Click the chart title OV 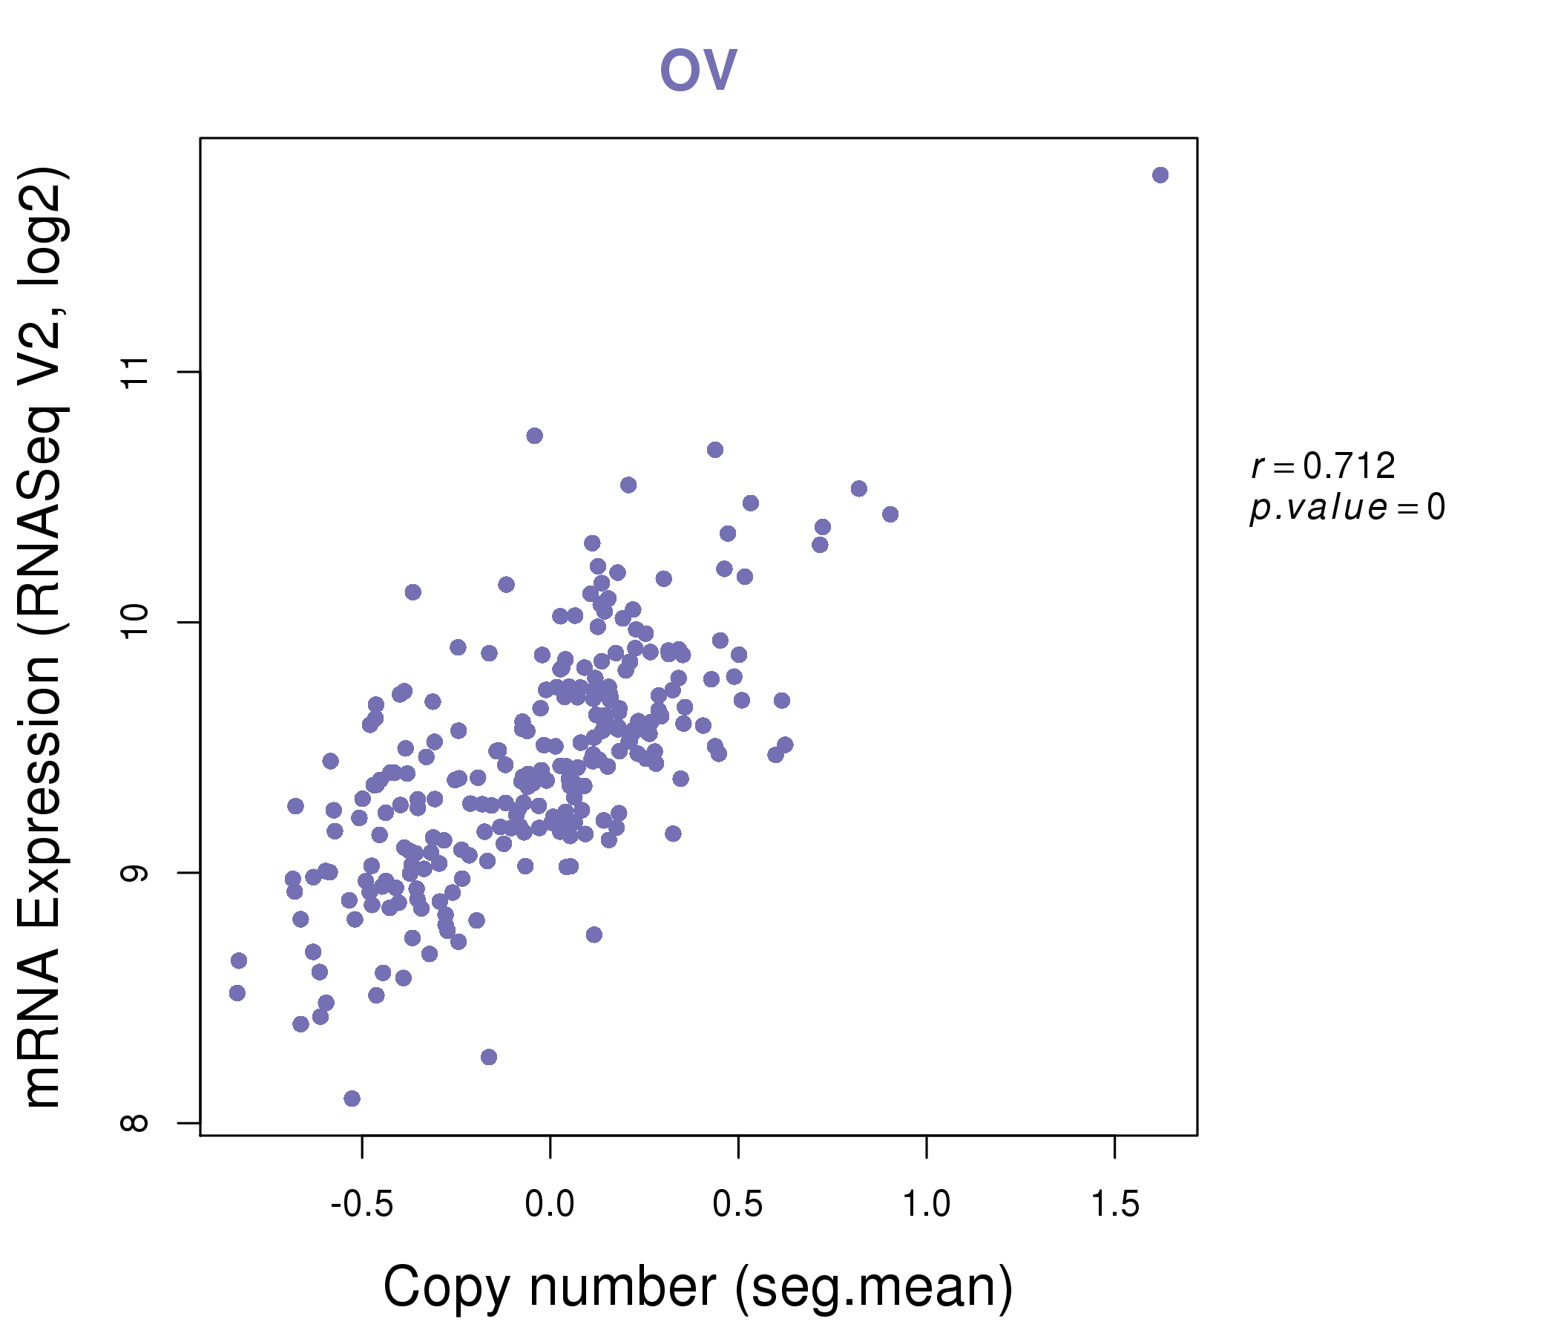[698, 70]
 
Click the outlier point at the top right [1160, 175]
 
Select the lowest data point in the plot [352, 1098]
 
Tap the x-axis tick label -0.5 [362, 1205]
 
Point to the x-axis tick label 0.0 [550, 1205]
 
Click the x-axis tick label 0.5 [737, 1205]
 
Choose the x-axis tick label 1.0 [926, 1205]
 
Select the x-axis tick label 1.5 [1114, 1205]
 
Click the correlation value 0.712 [1349, 466]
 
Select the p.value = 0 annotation [1347, 508]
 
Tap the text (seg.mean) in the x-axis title [874, 1288]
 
